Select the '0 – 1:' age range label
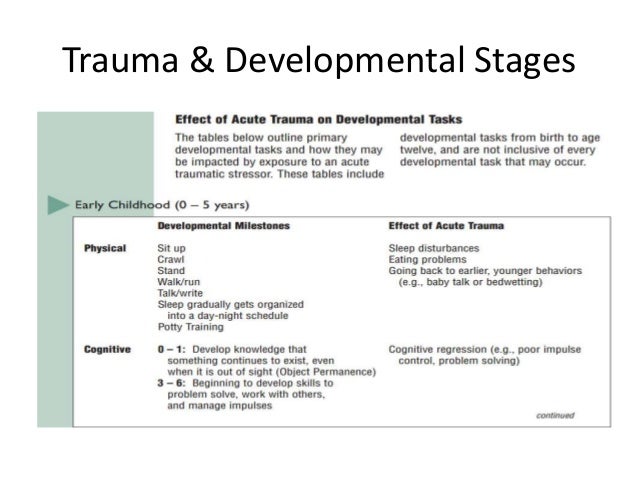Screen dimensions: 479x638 coord(171,349)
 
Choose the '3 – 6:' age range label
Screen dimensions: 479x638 coord(171,383)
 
